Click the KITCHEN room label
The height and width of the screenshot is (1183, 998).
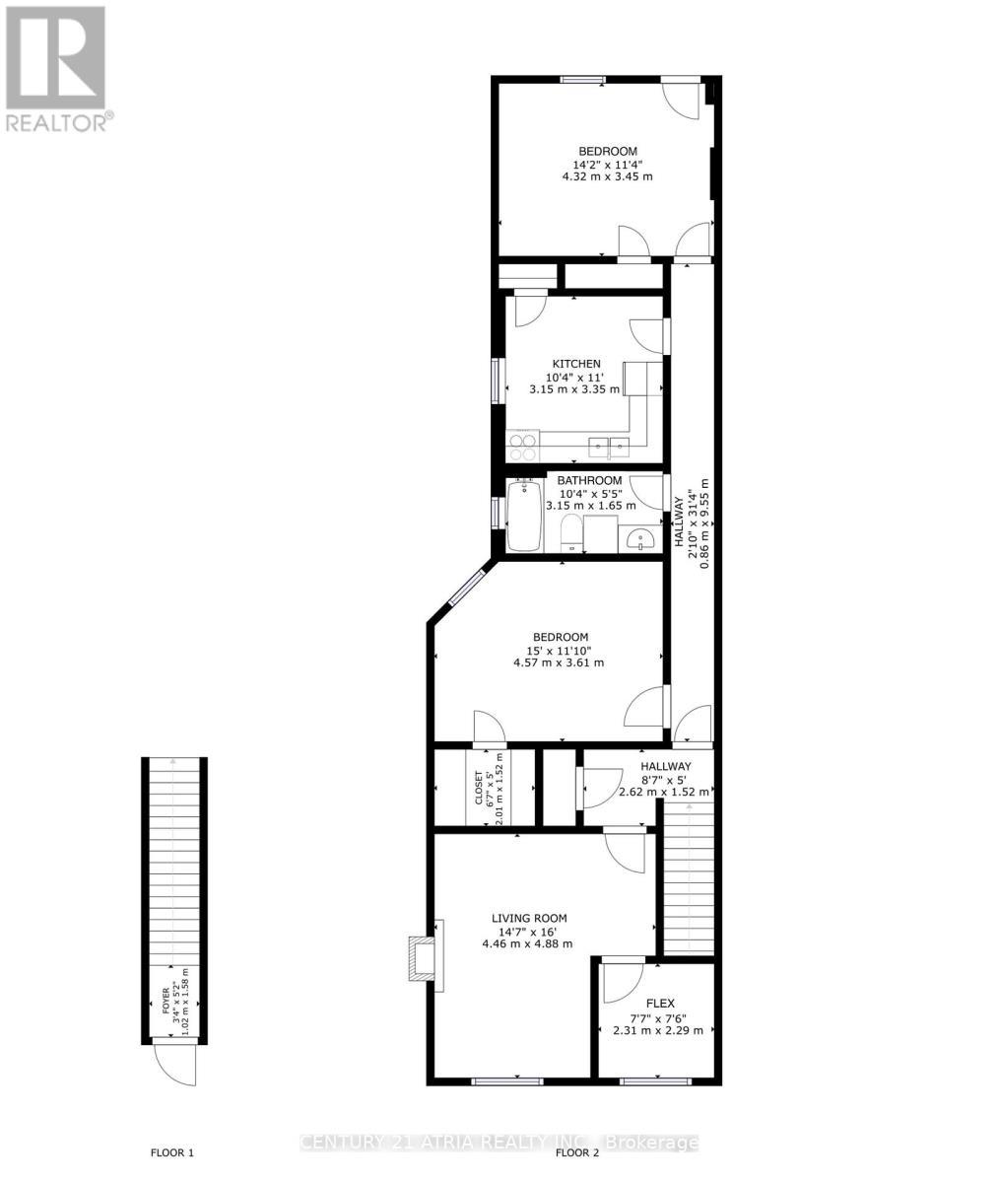point(575,364)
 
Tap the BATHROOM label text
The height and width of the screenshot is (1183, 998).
point(590,480)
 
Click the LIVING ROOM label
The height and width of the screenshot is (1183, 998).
point(529,918)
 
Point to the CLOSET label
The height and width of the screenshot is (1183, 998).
point(480,788)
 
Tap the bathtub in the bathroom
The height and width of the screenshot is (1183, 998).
point(524,515)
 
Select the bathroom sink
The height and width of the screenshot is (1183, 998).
point(640,539)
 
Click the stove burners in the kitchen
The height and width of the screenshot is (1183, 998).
point(523,447)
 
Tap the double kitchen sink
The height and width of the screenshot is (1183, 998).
point(609,448)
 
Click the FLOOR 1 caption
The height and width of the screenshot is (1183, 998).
point(171,1152)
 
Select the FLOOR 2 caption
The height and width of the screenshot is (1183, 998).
point(577,1152)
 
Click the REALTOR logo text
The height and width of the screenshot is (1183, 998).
point(59,123)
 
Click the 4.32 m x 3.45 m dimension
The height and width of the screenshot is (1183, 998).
point(607,176)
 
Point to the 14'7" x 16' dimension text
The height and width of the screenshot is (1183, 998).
point(529,931)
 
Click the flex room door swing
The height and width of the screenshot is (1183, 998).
point(621,981)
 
